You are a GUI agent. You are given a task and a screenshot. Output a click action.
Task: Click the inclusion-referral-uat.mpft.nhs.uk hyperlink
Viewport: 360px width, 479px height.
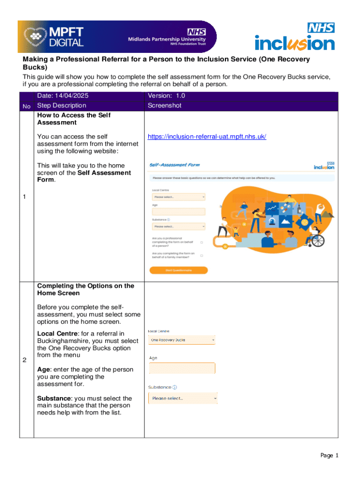[x=207, y=137]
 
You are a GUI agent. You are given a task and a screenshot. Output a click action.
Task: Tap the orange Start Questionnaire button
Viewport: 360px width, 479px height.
[x=178, y=270]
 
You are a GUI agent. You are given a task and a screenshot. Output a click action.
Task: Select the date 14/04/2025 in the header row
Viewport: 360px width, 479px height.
[x=62, y=96]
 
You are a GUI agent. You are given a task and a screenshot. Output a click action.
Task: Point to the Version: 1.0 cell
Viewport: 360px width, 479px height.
[x=166, y=96]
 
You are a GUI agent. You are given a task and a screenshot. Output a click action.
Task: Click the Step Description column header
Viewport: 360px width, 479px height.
[x=61, y=106]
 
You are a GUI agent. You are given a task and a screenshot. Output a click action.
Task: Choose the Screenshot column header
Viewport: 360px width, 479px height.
[x=164, y=106]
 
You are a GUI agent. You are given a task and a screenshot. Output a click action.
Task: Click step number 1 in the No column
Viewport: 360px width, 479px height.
[x=25, y=197]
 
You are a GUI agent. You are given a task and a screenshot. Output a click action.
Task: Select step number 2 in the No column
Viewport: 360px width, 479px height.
[x=25, y=360]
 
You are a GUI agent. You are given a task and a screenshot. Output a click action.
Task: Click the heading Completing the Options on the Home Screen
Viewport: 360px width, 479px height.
[x=85, y=290]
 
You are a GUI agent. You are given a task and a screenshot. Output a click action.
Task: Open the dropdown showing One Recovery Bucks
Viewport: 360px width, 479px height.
[x=182, y=340]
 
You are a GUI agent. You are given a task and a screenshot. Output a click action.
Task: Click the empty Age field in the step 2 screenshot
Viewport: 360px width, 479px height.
[x=182, y=369]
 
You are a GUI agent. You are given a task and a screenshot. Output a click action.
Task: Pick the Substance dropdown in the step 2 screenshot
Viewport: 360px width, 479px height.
[x=183, y=399]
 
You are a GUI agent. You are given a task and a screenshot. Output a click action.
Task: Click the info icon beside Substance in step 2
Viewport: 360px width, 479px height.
[x=175, y=387]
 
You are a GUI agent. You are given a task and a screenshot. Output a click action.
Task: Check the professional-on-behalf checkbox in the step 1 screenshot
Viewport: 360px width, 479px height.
[x=202, y=242]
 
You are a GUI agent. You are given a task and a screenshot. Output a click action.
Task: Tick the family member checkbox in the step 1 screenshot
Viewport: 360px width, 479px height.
[x=202, y=255]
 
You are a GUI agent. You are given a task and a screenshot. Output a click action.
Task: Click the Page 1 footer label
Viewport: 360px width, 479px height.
[x=329, y=456]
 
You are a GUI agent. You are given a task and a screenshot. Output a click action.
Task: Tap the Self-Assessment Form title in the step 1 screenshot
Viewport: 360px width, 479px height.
[x=174, y=165]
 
